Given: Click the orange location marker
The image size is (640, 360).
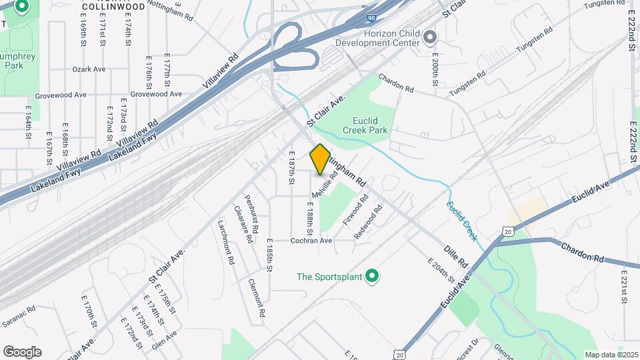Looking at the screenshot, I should click(320, 159).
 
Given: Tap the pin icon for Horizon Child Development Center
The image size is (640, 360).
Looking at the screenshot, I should click(430, 36).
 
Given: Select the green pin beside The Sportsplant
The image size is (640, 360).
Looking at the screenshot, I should click(372, 276).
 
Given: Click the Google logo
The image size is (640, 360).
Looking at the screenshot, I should click(22, 351).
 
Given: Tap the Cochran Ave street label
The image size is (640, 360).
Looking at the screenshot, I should click(311, 241).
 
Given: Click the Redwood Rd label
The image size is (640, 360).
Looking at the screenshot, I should click(369, 222).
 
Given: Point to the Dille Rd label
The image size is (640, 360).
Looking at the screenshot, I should click(457, 258).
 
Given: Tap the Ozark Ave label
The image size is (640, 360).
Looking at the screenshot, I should click(89, 69).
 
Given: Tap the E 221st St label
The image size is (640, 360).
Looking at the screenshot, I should click(624, 287).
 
